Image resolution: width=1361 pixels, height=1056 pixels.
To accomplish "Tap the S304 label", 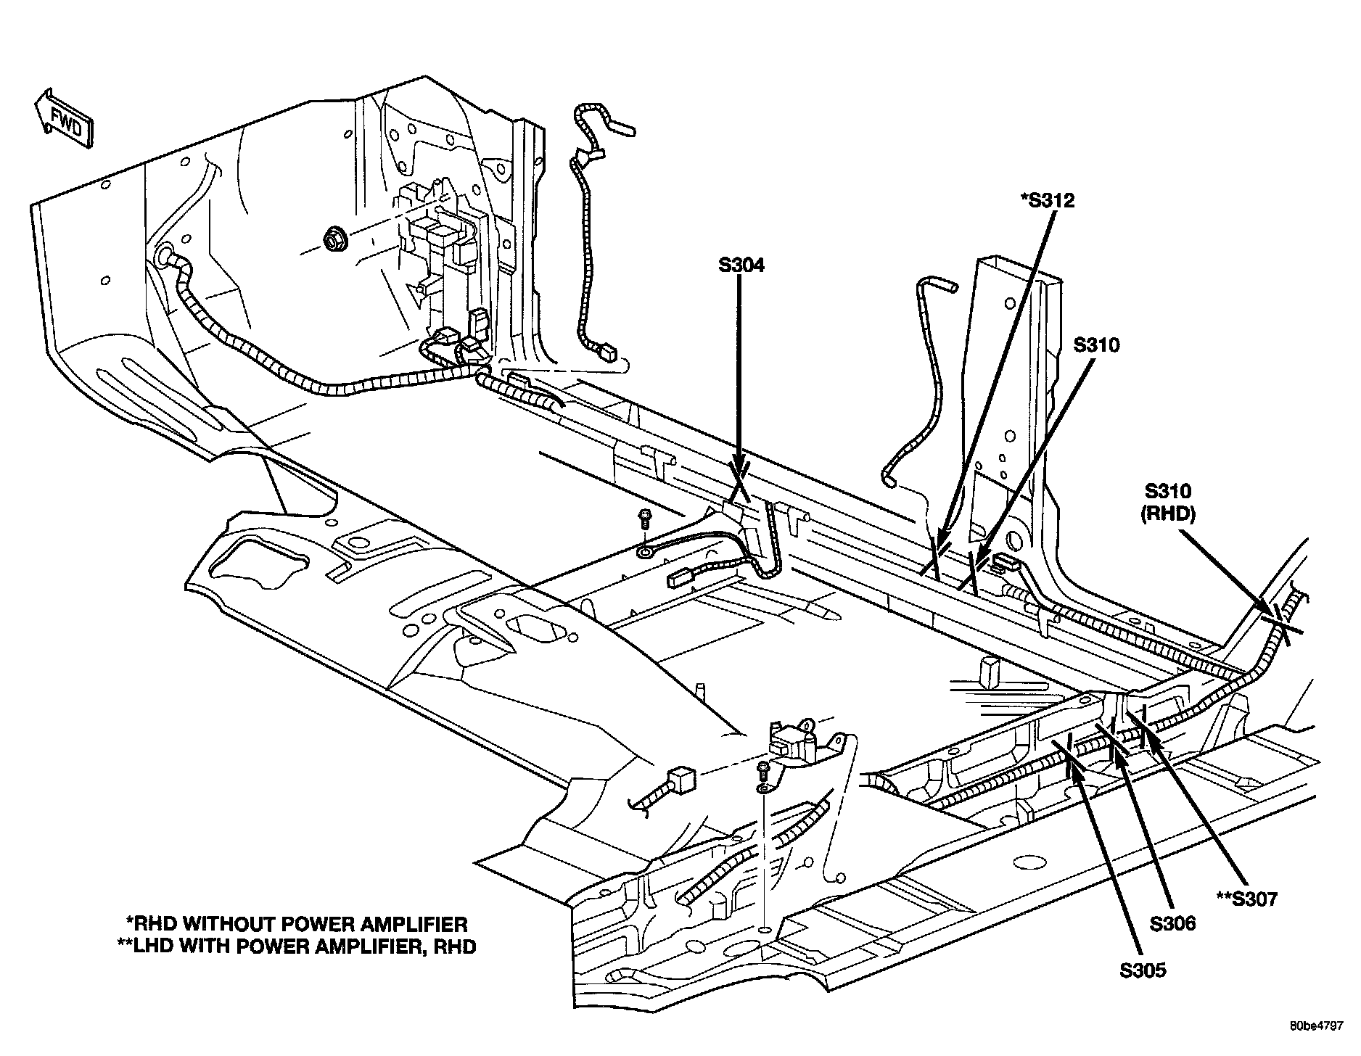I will pos(741,266).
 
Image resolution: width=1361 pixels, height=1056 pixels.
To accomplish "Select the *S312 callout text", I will pos(1045,200).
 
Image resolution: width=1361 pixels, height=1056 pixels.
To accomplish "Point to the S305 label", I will pos(1143,969).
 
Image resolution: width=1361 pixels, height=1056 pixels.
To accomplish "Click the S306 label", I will pos(1172,923).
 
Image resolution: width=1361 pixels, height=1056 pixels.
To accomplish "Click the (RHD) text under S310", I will pos(1167,513).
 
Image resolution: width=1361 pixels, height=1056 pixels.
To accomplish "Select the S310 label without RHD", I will pos(1096,345).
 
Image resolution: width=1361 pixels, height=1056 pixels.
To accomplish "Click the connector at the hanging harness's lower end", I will pos(607,355).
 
